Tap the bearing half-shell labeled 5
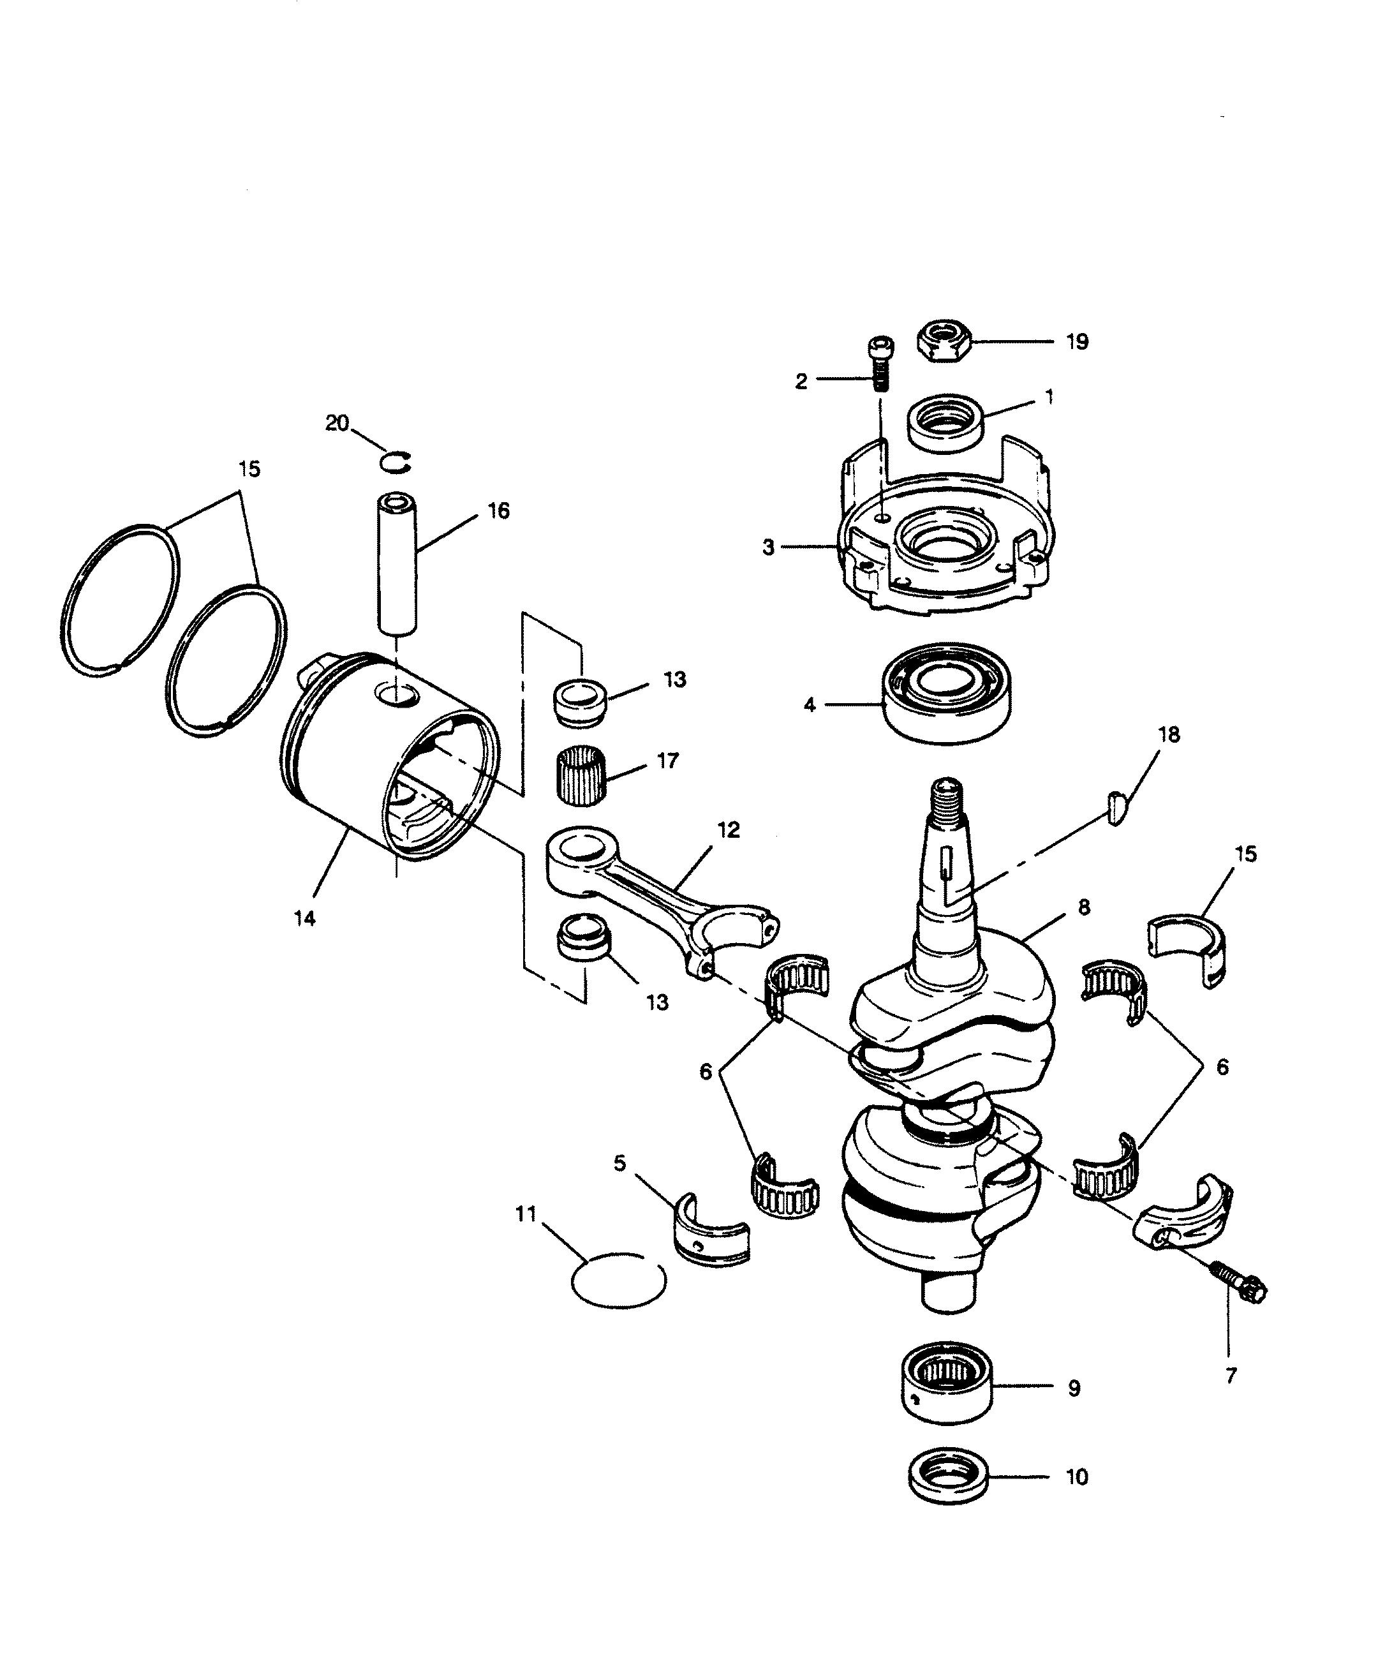(711, 1233)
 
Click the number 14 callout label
(305, 918)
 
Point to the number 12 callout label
(728, 829)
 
